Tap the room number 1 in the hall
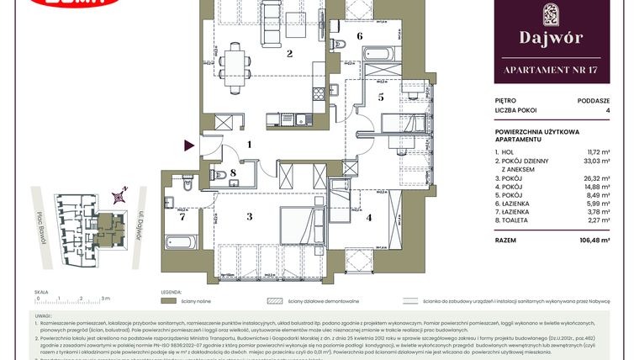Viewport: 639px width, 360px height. pos(250,145)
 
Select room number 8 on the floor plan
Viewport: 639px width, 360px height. pos(233,175)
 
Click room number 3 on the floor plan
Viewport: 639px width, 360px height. pos(249,216)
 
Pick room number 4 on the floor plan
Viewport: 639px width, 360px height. pos(371,216)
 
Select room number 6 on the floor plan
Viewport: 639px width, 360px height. pos(359,36)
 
